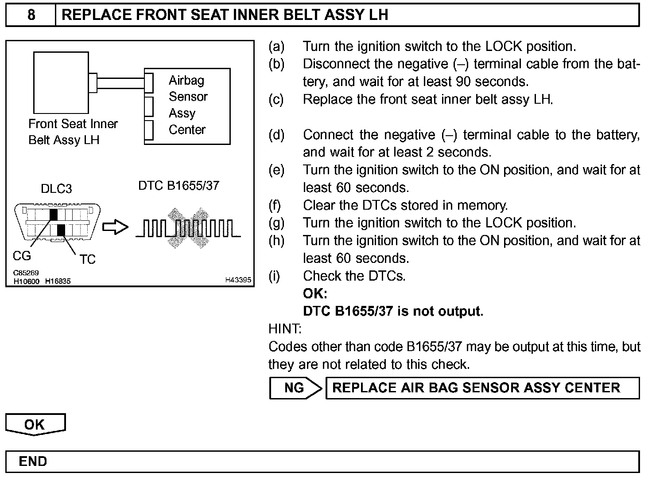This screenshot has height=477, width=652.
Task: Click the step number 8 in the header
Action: coord(31,15)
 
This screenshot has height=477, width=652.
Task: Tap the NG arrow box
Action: coord(295,388)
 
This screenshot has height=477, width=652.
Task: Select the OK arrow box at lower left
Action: coord(35,424)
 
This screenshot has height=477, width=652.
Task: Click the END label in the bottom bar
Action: coord(33,461)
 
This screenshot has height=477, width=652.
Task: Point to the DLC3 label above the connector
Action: coord(56,189)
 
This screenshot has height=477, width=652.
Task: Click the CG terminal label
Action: coord(22,256)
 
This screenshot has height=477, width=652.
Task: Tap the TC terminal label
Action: coord(87,259)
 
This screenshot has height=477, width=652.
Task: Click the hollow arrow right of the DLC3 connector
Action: coord(115,227)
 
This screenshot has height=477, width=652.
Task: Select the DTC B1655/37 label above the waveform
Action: coord(179,185)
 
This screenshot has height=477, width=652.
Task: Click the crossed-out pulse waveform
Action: coord(188,227)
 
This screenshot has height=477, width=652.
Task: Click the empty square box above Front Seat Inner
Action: coord(61,82)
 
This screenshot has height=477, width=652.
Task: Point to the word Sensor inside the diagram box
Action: coord(188,97)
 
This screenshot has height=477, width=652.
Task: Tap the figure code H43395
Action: coord(238,280)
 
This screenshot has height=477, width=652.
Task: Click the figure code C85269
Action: coord(26,273)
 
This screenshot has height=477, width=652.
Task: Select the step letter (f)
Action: coord(276,205)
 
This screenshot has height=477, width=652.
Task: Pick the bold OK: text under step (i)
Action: coord(315,293)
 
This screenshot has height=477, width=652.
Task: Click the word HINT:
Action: coord(285,329)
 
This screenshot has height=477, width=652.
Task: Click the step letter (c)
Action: coord(276,99)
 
